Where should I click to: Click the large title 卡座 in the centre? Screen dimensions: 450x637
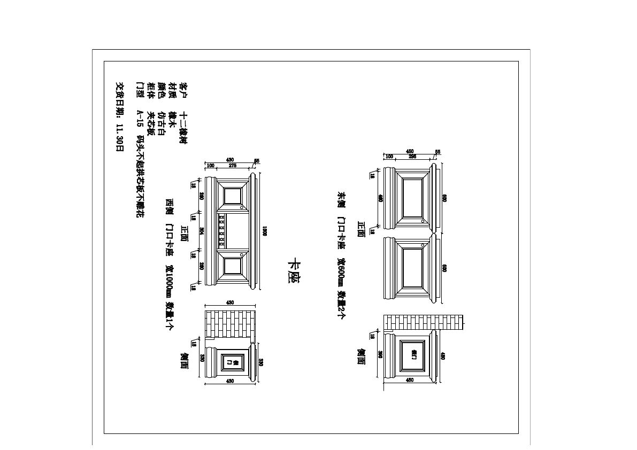point(293,271)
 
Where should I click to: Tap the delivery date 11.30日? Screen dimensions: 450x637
point(120,137)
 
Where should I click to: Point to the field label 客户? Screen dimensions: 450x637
point(183,87)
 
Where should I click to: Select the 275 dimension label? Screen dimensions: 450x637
point(233,166)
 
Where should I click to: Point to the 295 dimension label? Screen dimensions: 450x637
point(412,157)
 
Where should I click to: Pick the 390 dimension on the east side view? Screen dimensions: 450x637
point(379,354)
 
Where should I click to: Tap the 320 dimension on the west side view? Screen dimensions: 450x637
point(202,358)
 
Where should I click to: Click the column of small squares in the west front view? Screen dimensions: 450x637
point(221,231)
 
